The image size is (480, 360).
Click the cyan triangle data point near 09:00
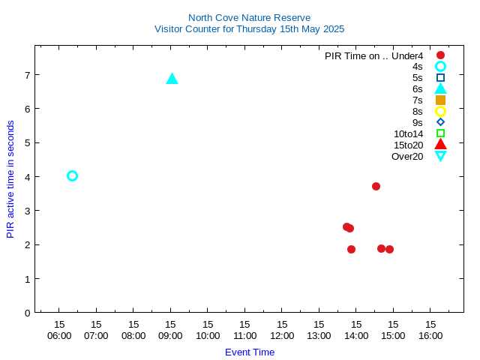[x=172, y=79]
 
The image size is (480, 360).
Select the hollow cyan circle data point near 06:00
[x=72, y=175]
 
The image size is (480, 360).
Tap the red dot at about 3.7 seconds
[x=376, y=186]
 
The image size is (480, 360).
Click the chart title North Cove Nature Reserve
[x=249, y=17]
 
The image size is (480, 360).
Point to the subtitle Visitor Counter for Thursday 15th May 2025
[x=249, y=29]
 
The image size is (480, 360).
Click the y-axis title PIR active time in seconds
[x=10, y=179]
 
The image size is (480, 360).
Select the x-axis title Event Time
[x=250, y=352]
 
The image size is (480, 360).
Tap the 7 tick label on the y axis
[x=27, y=75]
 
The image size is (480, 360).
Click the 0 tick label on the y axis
[x=27, y=313]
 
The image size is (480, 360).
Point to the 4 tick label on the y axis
[x=27, y=177]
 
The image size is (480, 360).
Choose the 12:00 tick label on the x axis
[x=282, y=335]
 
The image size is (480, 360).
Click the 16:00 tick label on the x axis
[x=430, y=335]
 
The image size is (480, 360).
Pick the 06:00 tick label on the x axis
[x=59, y=335]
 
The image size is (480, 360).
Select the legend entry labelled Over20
[x=407, y=156]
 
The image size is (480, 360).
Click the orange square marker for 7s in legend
[x=440, y=100]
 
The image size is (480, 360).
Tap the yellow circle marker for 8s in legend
[x=440, y=111]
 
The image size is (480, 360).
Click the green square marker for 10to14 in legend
[x=440, y=133]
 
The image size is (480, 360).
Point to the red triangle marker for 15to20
[x=440, y=144]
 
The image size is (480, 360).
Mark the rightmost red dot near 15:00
[x=389, y=249]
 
